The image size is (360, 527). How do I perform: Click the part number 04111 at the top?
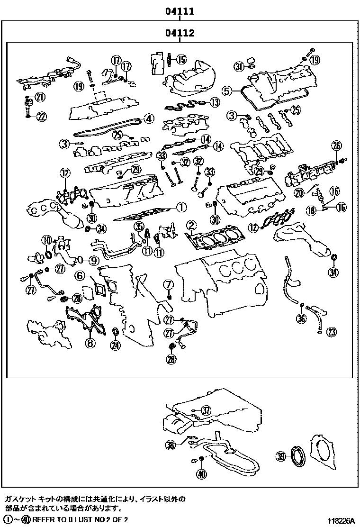coord(180,10)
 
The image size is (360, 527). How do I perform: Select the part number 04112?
coord(180,33)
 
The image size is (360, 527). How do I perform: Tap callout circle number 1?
coord(181,207)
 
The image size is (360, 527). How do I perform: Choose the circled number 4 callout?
coord(149,118)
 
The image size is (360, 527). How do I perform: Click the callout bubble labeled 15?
coord(181,59)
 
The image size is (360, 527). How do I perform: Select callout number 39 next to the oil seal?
coord(281,456)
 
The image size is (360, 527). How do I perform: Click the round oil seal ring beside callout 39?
coord(299,455)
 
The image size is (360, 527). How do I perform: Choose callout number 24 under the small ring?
coord(115,345)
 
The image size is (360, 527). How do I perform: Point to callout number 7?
coord(168,284)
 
